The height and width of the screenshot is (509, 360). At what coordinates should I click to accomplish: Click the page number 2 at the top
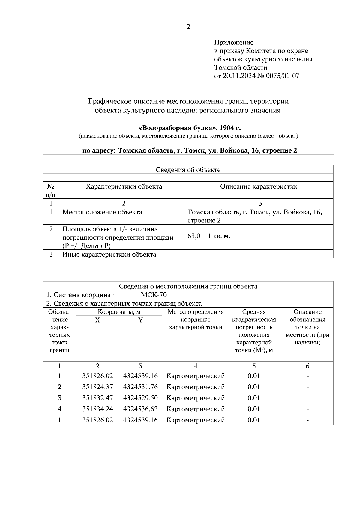(188, 27)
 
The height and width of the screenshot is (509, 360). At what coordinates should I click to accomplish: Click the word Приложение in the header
(234, 43)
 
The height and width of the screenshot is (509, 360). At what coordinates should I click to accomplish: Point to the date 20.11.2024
(235, 76)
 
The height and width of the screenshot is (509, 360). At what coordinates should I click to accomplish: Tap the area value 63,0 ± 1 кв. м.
(209, 236)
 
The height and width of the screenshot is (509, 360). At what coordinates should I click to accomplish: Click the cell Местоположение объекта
(102, 212)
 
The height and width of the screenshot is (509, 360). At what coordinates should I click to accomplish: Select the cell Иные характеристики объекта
(109, 255)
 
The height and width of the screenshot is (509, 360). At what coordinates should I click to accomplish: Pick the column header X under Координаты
(97, 320)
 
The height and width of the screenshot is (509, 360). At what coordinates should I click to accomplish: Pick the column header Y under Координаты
(140, 320)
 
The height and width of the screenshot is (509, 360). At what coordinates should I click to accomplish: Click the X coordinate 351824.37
(97, 387)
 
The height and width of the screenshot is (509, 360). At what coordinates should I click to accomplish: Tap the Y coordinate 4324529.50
(140, 398)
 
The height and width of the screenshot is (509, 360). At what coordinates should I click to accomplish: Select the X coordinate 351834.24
(97, 409)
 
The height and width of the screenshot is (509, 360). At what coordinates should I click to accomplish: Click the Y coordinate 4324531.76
(140, 387)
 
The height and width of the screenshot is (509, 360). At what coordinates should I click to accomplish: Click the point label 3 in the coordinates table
(59, 398)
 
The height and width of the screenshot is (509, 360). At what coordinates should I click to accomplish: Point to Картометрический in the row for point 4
(195, 409)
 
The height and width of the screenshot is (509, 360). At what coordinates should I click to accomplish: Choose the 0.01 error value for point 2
(254, 387)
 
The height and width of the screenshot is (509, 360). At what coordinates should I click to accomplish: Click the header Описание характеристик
(259, 187)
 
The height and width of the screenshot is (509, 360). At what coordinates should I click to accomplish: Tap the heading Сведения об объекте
(188, 170)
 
